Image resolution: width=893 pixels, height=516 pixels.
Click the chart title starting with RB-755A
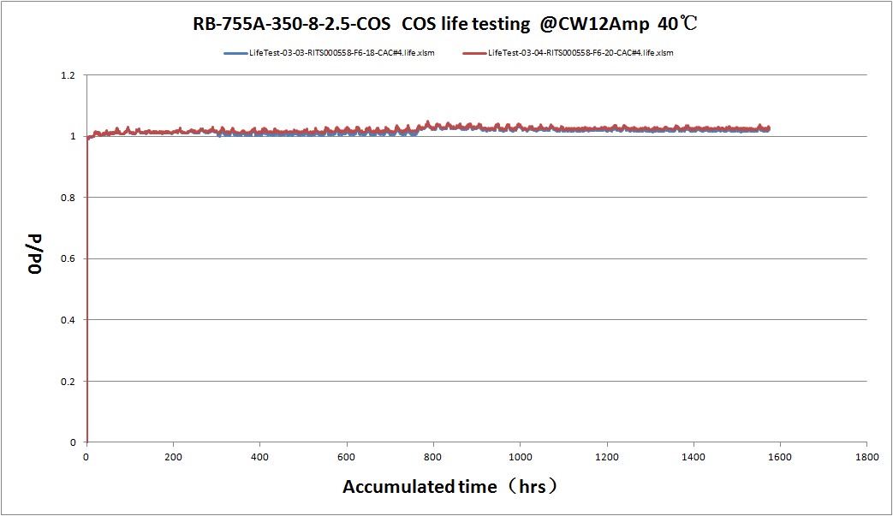tap(446, 24)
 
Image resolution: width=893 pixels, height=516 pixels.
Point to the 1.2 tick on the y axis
tap(69, 75)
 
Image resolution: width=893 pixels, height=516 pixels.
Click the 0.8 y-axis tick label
tap(69, 198)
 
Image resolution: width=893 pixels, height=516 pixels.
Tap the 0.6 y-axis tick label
tap(69, 258)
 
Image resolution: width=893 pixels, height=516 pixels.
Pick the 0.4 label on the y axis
tap(69, 320)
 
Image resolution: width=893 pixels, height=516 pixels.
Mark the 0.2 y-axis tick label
tap(69, 381)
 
